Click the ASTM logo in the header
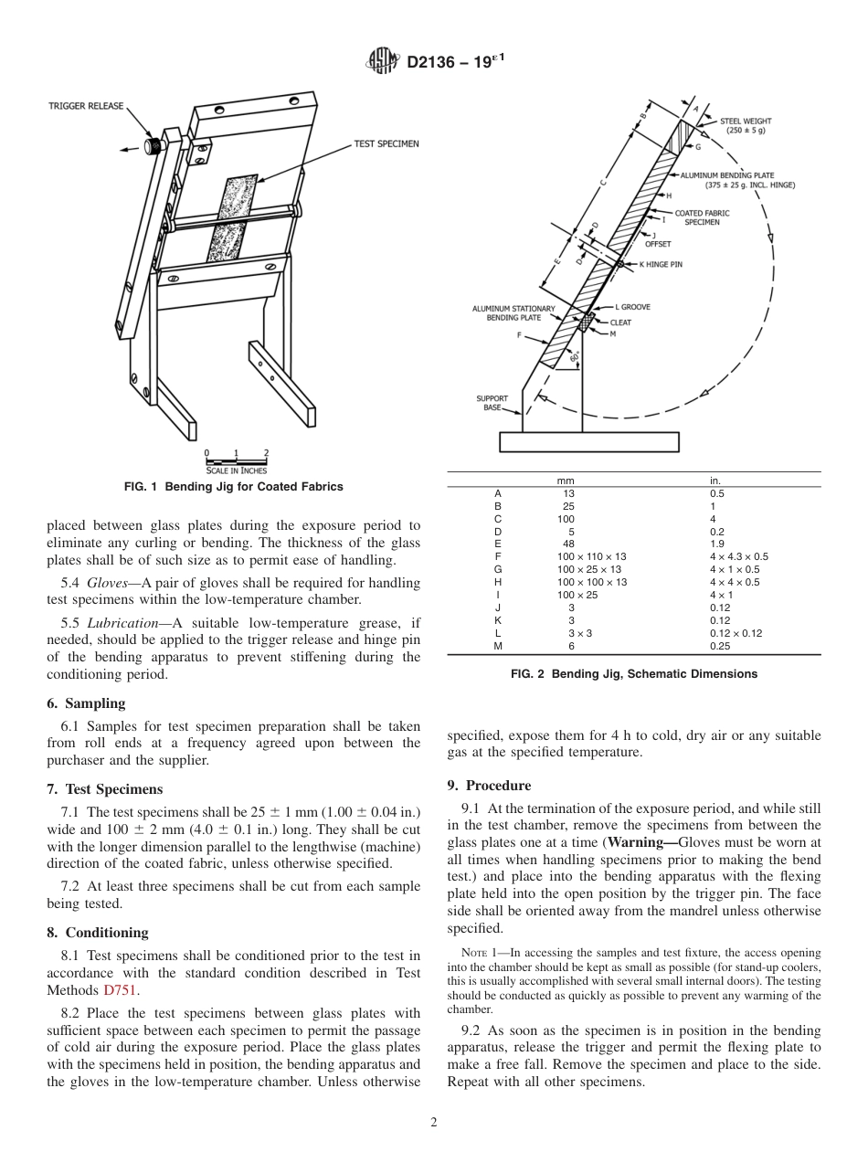tap(383, 62)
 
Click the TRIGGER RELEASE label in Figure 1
tap(86, 106)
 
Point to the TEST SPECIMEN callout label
tap(386, 143)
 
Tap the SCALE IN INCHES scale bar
tap(237, 461)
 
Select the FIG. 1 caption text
tap(233, 487)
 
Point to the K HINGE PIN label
tap(661, 264)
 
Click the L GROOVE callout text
tap(632, 307)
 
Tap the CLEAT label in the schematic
tap(620, 322)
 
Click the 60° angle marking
tap(574, 359)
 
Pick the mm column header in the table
tap(566, 481)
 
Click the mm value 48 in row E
tap(571, 543)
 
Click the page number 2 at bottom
tap(434, 1123)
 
